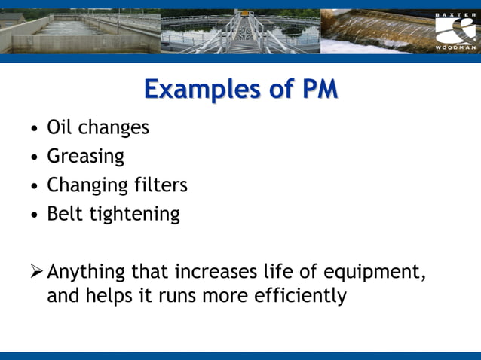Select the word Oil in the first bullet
(60, 127)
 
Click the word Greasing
(85, 157)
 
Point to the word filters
(157, 185)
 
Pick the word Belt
(65, 214)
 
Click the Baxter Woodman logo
(455, 32)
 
